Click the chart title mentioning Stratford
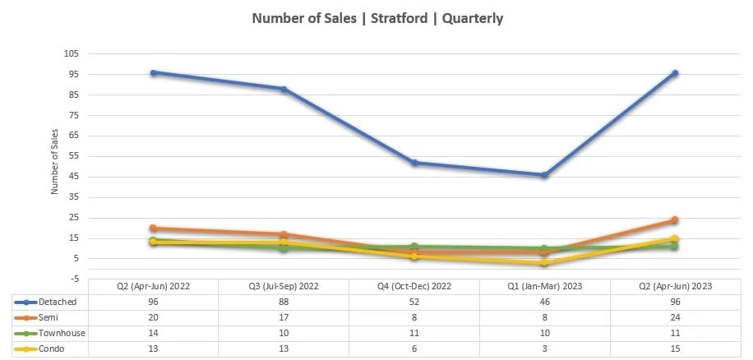[376, 18]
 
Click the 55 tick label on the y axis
[72, 156]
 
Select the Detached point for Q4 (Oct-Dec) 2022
[414, 163]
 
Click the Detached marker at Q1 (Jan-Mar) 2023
[544, 175]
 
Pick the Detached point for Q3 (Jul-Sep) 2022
[284, 89]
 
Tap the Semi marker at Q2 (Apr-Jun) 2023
[674, 220]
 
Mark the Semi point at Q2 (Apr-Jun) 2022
[154, 228]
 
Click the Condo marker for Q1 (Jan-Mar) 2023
[544, 263]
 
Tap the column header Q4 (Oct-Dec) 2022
[413, 286]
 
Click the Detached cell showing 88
[284, 302]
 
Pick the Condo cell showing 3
[544, 348]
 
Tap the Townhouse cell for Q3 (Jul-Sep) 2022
[284, 333]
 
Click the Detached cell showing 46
[544, 302]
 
